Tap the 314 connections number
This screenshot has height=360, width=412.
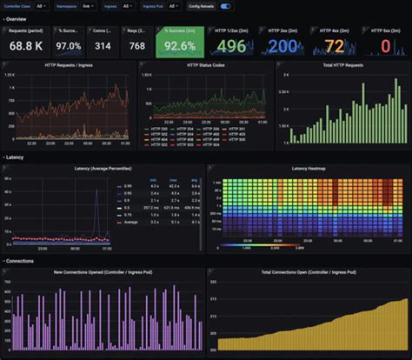pyautogui.click(x=103, y=45)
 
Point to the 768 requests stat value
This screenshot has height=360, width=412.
pyautogui.click(x=136, y=45)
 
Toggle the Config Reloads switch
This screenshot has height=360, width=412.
pyautogui.click(x=226, y=5)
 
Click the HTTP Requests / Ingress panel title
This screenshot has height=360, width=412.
pyautogui.click(x=71, y=64)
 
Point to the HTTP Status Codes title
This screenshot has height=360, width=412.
pyautogui.click(x=206, y=64)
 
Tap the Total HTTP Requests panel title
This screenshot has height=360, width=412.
pyautogui.click(x=342, y=64)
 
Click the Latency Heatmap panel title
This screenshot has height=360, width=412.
pyautogui.click(x=308, y=167)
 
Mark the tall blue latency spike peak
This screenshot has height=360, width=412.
pyautogui.click(x=97, y=189)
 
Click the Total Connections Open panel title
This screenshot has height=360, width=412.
pyautogui.click(x=308, y=270)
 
